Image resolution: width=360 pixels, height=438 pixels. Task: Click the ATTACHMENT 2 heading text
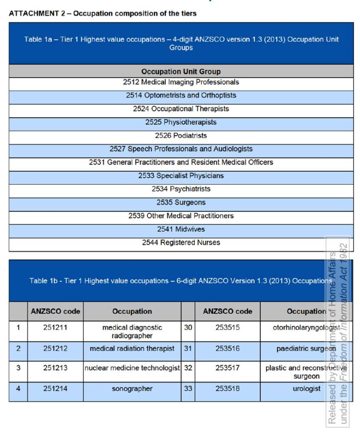coord(103,13)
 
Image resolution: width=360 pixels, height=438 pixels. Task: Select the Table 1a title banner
coord(181,43)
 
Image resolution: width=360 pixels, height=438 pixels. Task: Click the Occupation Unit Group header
coord(181,71)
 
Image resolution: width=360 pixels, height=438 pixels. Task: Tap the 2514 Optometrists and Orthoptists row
coord(181,95)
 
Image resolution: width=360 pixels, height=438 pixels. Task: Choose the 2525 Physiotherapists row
coord(181,122)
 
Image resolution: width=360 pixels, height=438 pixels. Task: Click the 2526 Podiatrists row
coord(181,136)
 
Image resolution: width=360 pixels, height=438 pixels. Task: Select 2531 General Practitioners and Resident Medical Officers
coord(181,163)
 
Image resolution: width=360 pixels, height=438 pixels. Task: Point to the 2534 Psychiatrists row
coord(181,189)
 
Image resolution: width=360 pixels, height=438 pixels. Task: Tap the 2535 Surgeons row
coord(181,202)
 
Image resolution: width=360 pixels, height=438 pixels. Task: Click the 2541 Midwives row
coord(181,229)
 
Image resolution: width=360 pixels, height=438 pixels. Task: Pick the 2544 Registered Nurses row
coord(181,243)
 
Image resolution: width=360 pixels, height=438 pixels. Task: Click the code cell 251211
coord(55,328)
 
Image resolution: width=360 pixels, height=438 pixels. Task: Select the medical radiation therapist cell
coord(132,349)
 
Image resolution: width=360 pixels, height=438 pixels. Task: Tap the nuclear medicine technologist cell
coord(132,368)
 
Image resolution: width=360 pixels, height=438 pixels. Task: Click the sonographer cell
coord(132,389)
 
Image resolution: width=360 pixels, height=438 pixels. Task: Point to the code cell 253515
coord(227,328)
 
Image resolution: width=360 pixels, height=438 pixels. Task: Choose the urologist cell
coord(306,389)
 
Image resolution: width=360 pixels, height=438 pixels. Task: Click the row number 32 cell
coord(188,368)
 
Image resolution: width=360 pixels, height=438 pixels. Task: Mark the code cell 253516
coord(227,349)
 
